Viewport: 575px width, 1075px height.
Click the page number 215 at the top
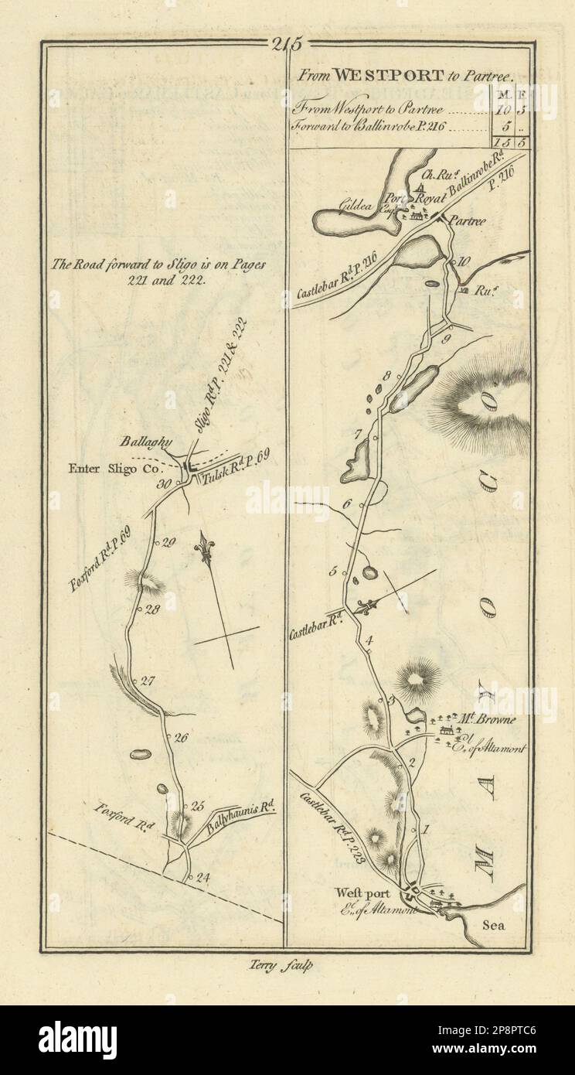pos(287,44)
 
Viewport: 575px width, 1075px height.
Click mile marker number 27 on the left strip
pos(148,681)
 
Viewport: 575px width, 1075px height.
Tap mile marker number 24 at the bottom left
pos(203,877)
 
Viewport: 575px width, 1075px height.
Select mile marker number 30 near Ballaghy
pos(163,485)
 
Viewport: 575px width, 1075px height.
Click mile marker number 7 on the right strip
pos(359,434)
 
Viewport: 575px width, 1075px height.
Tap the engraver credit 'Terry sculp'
pos(287,964)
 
